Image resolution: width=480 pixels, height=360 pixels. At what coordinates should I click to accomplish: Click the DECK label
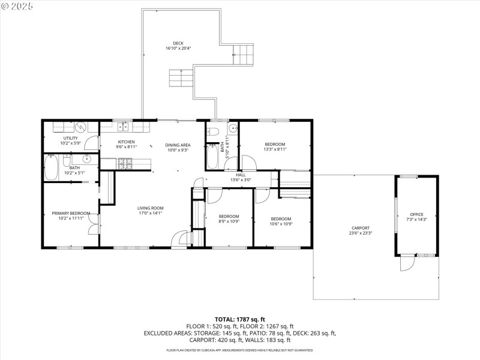[178, 43]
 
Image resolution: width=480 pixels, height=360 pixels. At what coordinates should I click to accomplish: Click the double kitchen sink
[124, 126]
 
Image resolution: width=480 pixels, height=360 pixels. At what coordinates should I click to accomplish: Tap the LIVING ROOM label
[150, 208]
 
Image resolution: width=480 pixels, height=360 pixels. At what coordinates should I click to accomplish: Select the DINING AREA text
[178, 145]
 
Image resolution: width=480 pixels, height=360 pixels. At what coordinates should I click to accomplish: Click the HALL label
[241, 175]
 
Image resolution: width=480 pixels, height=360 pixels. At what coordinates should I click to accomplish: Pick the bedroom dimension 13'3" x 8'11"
[275, 149]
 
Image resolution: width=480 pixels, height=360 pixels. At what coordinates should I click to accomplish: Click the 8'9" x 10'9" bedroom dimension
[229, 221]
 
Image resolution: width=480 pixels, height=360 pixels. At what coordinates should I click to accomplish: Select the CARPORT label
[360, 228]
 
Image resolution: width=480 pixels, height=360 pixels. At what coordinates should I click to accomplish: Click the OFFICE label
[416, 214]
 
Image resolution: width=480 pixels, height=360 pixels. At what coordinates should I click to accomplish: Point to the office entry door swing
[407, 263]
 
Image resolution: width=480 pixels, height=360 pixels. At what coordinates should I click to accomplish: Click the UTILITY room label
[71, 139]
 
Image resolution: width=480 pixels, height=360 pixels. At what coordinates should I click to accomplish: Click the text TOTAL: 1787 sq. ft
[240, 319]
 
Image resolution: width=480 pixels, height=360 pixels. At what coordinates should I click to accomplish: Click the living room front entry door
[179, 239]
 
